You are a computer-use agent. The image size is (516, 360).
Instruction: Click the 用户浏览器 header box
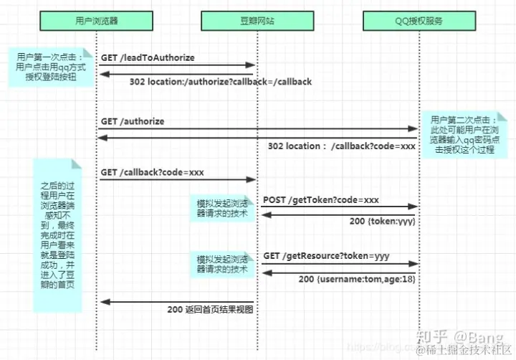[96, 22]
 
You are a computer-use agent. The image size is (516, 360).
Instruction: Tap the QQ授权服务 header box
[418, 22]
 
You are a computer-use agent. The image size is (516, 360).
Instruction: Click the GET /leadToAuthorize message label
[148, 57]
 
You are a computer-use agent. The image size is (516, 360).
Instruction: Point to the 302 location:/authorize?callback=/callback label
[221, 82]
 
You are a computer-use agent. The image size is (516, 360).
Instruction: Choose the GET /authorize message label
[133, 121]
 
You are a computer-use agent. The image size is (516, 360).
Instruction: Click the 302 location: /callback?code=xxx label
[341, 146]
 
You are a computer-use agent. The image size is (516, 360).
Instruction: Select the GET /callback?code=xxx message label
[153, 173]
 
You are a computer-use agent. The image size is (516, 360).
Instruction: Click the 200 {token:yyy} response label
[383, 222]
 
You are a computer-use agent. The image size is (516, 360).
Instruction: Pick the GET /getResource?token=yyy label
[326, 255]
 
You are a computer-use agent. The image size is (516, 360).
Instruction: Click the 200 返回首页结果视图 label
[210, 310]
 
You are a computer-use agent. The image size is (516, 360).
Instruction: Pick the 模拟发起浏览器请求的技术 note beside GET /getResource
[223, 264]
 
